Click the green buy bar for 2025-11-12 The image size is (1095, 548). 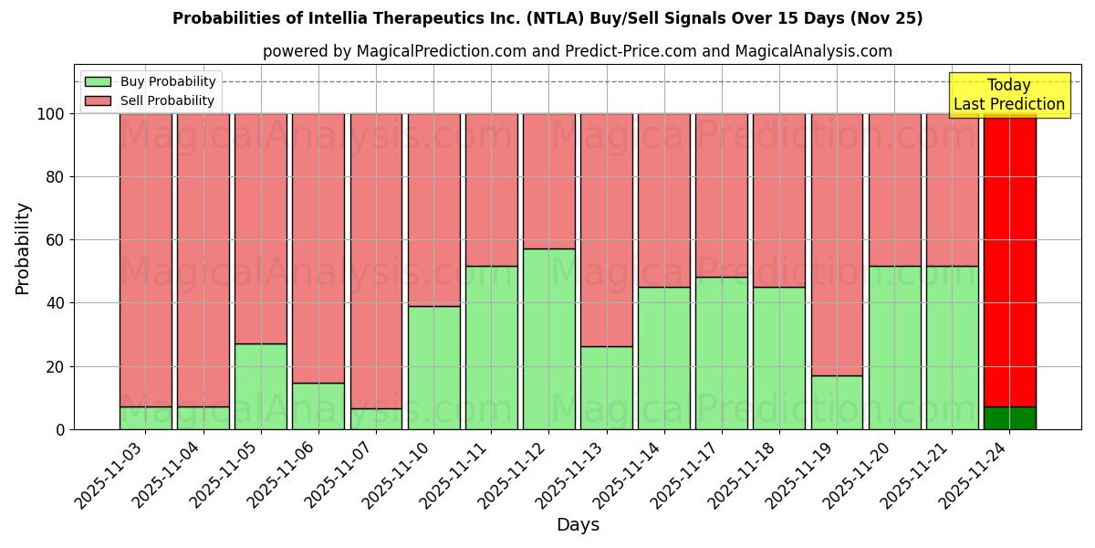pos(548,339)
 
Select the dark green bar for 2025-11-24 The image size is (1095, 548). pos(1009,418)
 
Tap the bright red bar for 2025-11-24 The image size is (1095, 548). pos(1009,260)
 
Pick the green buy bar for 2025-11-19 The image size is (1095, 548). pos(837,403)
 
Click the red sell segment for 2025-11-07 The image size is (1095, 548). pos(376,260)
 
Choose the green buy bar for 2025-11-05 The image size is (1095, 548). pos(261,386)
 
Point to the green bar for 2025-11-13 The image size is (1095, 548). pos(607,388)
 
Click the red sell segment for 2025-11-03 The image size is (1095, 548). pos(146,260)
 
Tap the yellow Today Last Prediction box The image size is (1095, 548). pos(1008,95)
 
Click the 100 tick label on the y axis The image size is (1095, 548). pos(49,114)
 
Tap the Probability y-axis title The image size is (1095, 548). pos(23,248)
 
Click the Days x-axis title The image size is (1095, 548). pos(577,525)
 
